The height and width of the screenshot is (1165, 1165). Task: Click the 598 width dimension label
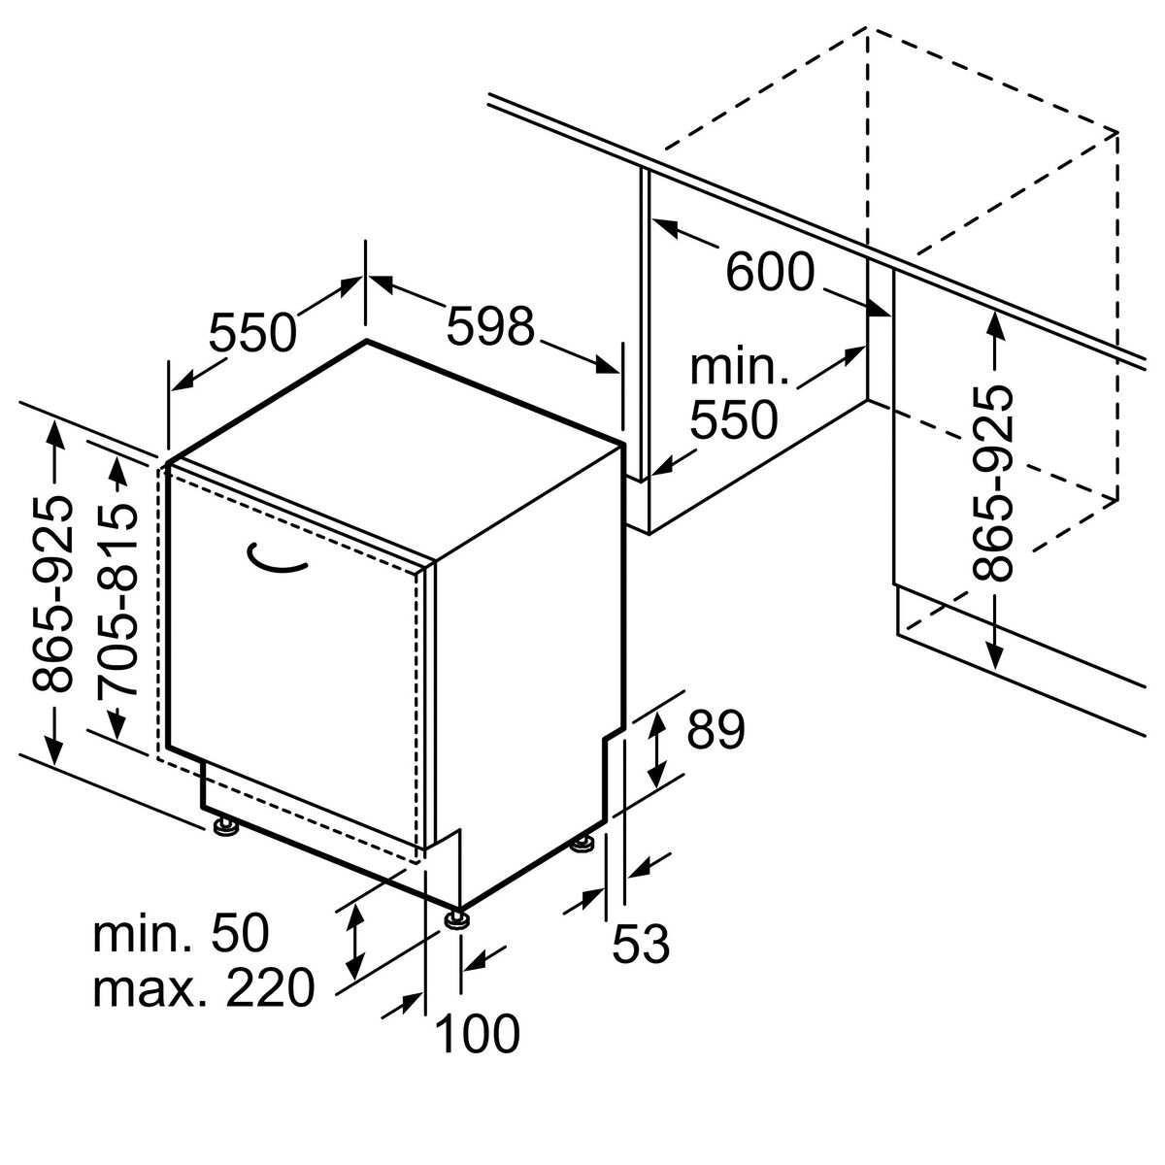pos(491,326)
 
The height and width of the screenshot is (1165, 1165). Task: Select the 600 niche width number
pos(770,272)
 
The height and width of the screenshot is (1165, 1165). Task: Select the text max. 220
pos(204,987)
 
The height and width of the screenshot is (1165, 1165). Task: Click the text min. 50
pos(181,933)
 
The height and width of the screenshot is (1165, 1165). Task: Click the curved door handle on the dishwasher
pos(278,559)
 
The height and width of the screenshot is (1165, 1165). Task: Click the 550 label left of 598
pos(252,332)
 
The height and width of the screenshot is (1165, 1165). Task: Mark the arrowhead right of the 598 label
pos(608,366)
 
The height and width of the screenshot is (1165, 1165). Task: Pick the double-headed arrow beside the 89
pos(656,750)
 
